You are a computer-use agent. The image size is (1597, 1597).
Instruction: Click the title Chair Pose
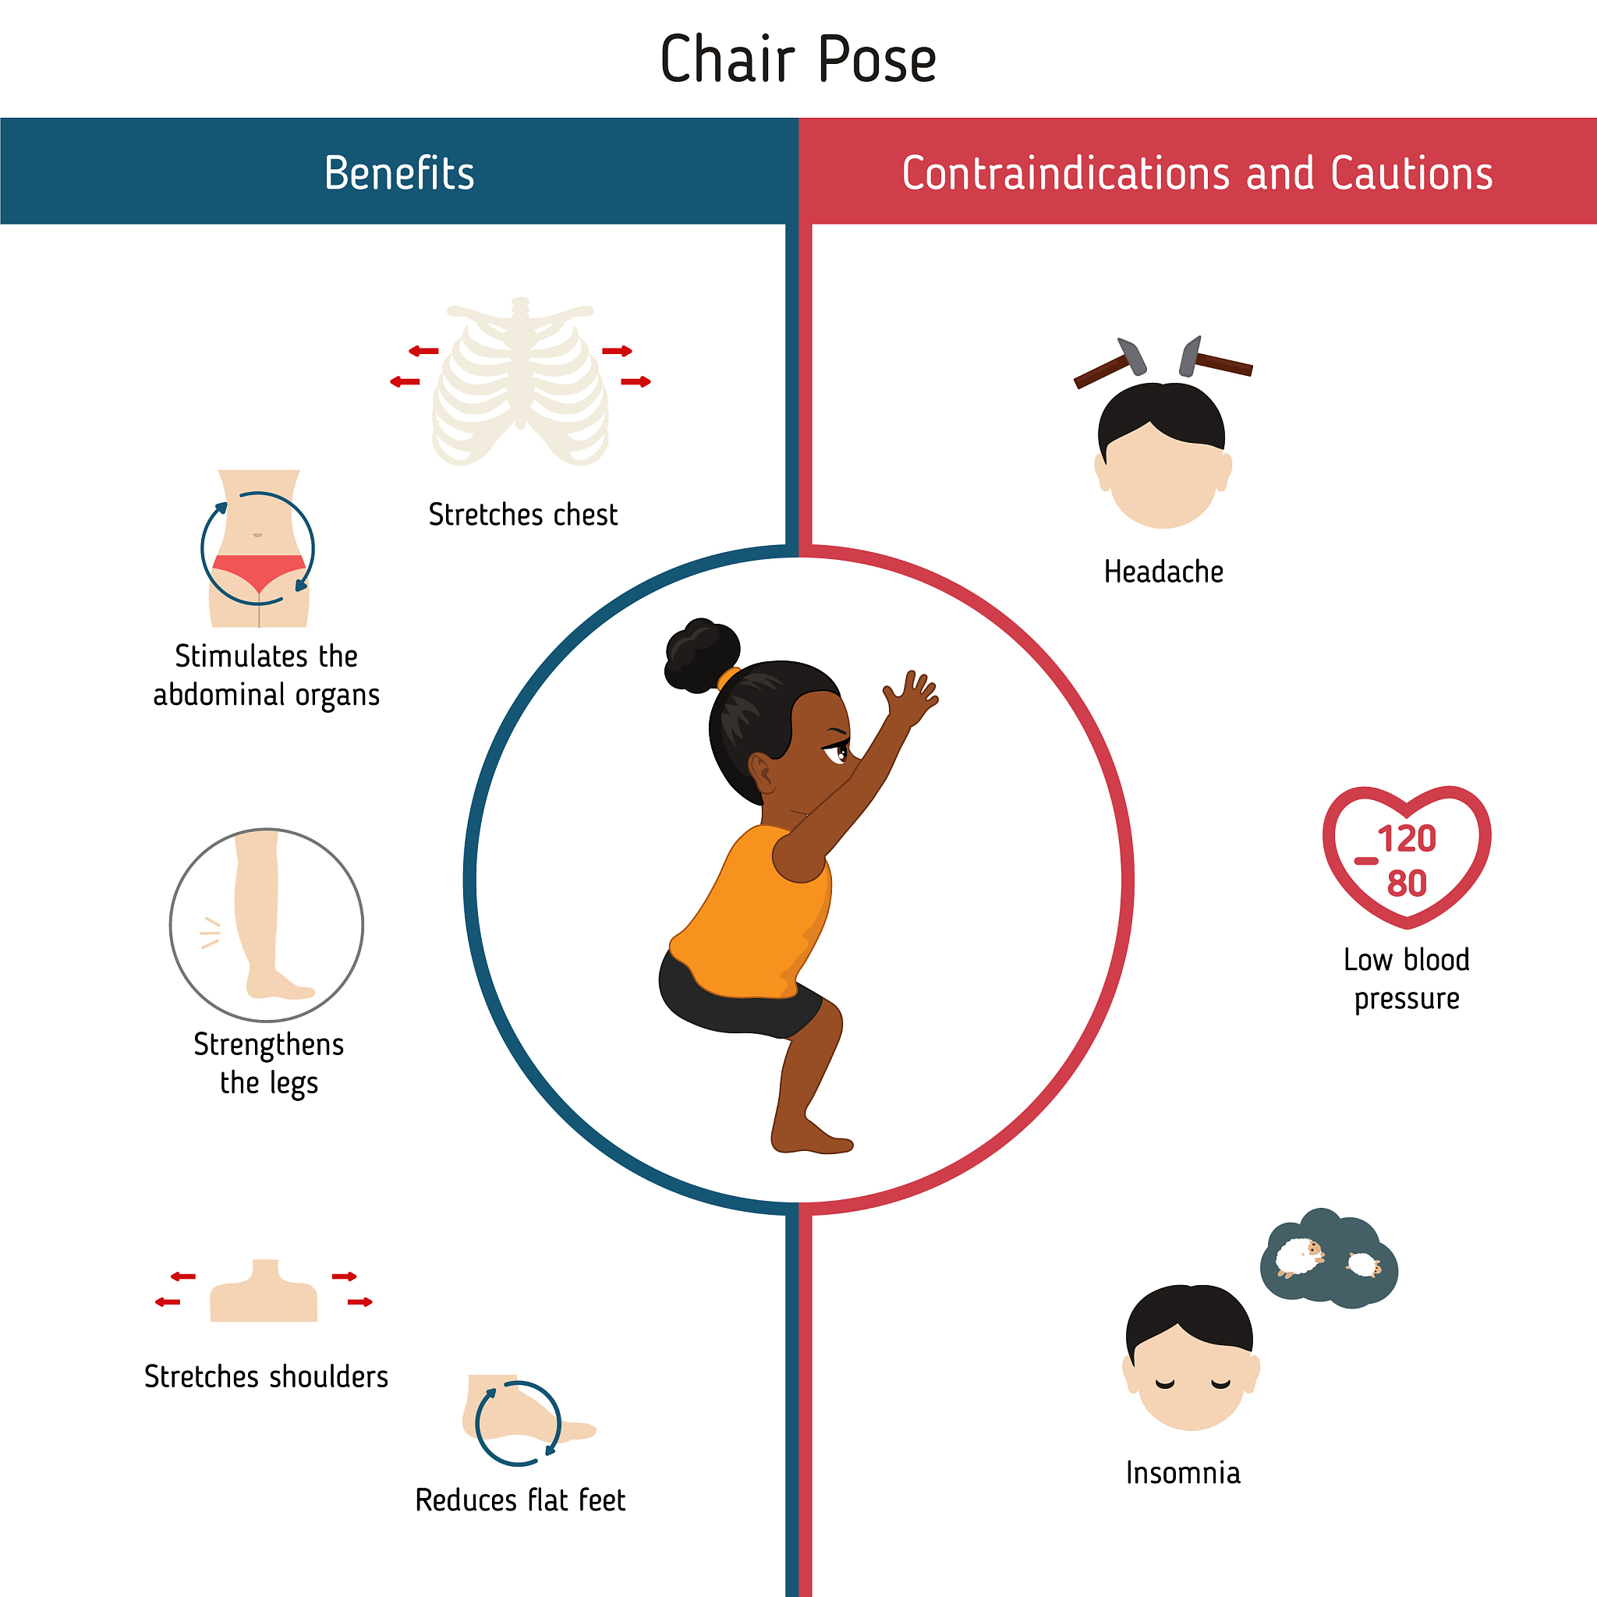(x=798, y=58)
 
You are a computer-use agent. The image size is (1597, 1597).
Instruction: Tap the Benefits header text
(x=399, y=173)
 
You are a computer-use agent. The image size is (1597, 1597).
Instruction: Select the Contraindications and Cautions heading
(x=1197, y=173)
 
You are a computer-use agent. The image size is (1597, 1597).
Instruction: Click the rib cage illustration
(x=521, y=382)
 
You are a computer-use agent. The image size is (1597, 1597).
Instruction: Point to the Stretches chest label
(x=522, y=515)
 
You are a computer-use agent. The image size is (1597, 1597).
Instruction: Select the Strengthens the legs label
(x=269, y=1064)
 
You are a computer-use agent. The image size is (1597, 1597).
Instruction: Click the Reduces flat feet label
(x=520, y=1500)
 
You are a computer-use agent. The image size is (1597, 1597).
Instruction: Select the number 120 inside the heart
(x=1407, y=839)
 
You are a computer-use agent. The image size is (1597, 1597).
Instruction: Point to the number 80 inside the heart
(x=1407, y=883)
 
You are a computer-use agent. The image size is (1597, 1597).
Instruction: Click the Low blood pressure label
(x=1406, y=979)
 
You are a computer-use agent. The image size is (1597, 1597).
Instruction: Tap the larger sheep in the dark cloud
(x=1299, y=1257)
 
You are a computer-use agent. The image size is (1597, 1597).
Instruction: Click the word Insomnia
(x=1183, y=1473)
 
